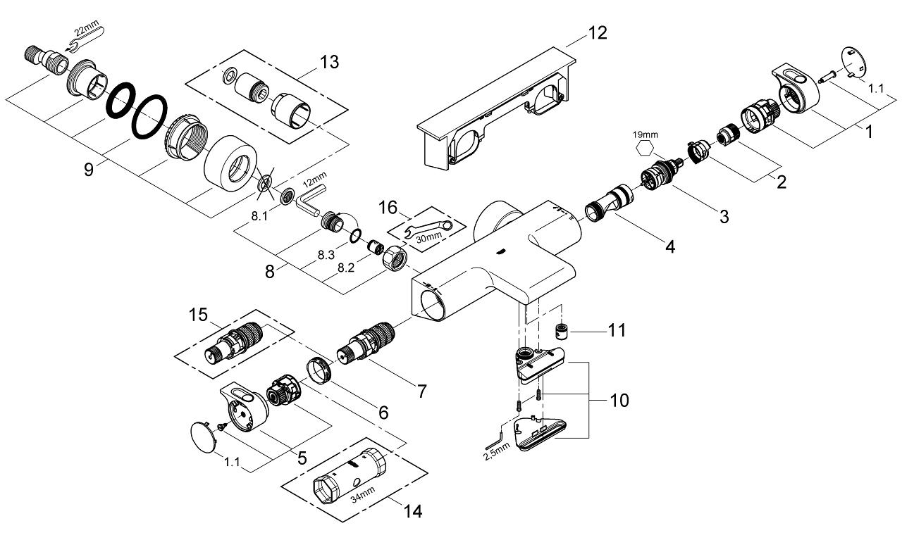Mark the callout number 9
[x=89, y=170]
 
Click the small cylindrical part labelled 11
[x=562, y=330]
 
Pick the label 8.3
[x=326, y=256]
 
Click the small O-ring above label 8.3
[x=357, y=235]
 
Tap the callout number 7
[x=421, y=392]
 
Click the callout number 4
[x=670, y=247]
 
